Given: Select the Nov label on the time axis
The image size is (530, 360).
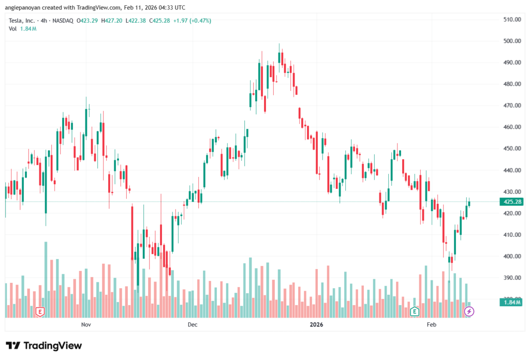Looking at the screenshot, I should pyautogui.click(x=86, y=325).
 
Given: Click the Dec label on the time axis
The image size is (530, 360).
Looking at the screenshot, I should pyautogui.click(x=193, y=325).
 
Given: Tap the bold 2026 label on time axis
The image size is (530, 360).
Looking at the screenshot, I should pyautogui.click(x=316, y=325).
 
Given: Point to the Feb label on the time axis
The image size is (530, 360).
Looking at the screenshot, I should pyautogui.click(x=431, y=325).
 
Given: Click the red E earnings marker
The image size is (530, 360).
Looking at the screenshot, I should pyautogui.click(x=40, y=311).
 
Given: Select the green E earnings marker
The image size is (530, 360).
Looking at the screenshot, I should pyautogui.click(x=414, y=311).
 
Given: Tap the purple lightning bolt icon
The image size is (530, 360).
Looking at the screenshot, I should pyautogui.click(x=469, y=311).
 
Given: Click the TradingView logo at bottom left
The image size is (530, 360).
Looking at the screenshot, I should pyautogui.click(x=43, y=346).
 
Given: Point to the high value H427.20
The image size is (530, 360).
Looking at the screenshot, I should pyautogui.click(x=112, y=21).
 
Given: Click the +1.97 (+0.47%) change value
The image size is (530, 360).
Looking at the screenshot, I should pyautogui.click(x=193, y=21).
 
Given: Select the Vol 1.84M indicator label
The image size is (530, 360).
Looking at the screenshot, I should pyautogui.click(x=22, y=28).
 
